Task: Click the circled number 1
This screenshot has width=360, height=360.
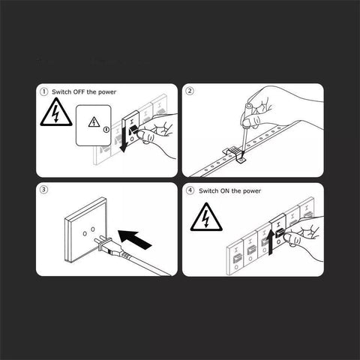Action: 43,91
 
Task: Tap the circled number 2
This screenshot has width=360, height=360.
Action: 190,91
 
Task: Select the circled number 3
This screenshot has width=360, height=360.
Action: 43,190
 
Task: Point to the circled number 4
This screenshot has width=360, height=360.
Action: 190,190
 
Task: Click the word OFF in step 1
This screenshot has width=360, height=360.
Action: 79,92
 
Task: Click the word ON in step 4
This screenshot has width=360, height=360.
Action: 225,191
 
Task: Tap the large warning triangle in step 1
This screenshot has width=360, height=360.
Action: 56,112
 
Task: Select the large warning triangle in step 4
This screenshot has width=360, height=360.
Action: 206,217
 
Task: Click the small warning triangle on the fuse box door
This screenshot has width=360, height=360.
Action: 94,122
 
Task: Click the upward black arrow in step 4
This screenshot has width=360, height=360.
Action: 271,242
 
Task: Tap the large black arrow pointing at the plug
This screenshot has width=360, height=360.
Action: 134,239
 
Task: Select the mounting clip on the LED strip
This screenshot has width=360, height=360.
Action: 235,155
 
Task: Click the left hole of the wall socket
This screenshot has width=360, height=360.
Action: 85,234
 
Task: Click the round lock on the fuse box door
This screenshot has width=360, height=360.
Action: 106,130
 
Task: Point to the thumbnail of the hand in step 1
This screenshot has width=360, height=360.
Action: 142,135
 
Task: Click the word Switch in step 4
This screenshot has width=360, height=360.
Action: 208,191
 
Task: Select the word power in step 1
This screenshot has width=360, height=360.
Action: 107,92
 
